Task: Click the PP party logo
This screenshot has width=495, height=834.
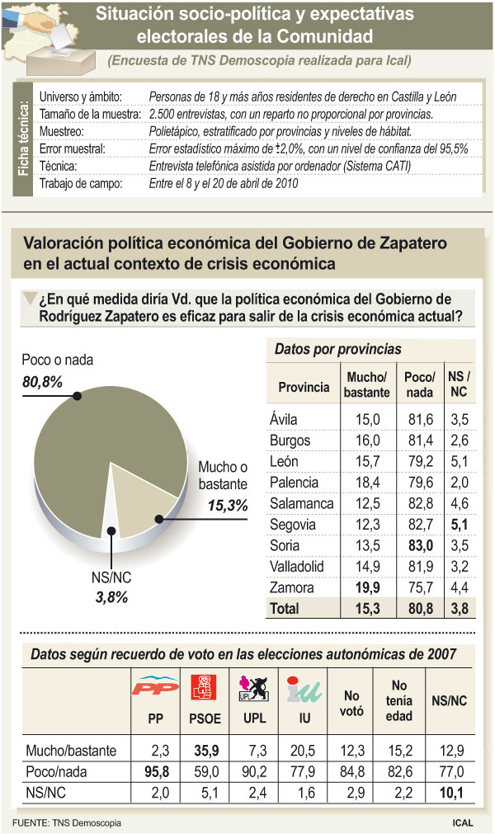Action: pyautogui.click(x=155, y=686)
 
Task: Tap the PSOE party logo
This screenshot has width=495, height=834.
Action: pyautogui.click(x=206, y=686)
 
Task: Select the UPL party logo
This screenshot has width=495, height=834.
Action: pyautogui.click(x=252, y=686)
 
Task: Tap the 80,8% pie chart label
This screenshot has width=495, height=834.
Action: pyautogui.click(x=42, y=380)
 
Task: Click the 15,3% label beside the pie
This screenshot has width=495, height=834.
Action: pyautogui.click(x=228, y=506)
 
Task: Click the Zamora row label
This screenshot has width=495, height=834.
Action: pyautogui.click(x=292, y=588)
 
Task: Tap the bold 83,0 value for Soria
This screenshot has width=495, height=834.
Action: pyautogui.click(x=419, y=545)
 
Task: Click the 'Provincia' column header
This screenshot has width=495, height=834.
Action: pyautogui.click(x=304, y=387)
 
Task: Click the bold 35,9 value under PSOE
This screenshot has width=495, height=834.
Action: pyautogui.click(x=206, y=750)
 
